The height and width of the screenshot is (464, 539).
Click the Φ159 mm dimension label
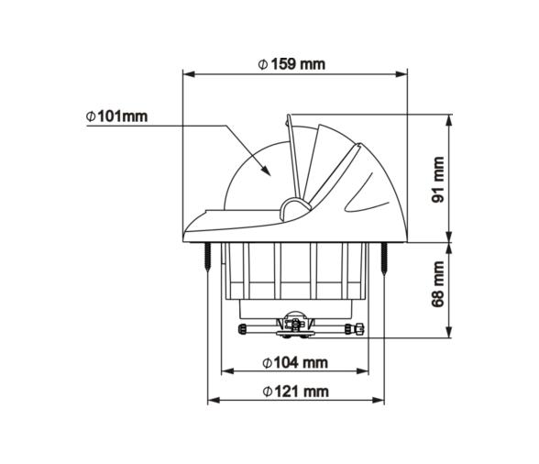point(291,65)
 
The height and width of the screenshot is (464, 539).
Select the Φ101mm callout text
point(117,117)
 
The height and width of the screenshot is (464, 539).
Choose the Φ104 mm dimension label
point(294,362)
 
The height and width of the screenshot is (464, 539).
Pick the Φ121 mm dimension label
point(294,392)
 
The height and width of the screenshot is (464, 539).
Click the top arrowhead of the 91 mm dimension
point(449,118)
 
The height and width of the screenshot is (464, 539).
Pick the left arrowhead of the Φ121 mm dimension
point(213,401)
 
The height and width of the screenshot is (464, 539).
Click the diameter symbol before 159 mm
point(262,65)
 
